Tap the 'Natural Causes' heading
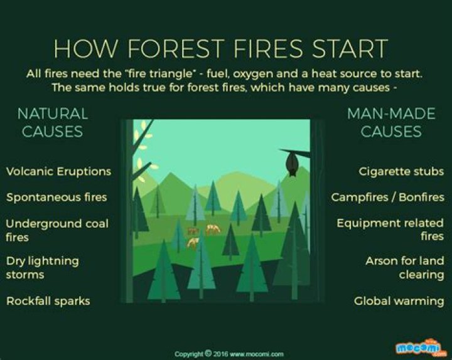53,122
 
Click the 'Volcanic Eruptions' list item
58,171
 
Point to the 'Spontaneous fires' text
56,198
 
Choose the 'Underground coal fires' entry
56,230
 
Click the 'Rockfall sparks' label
48,301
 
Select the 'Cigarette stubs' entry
401,171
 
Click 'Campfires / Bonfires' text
387,198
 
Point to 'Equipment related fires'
390,230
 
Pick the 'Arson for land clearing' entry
405,267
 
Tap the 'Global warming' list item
399,301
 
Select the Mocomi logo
420,347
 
